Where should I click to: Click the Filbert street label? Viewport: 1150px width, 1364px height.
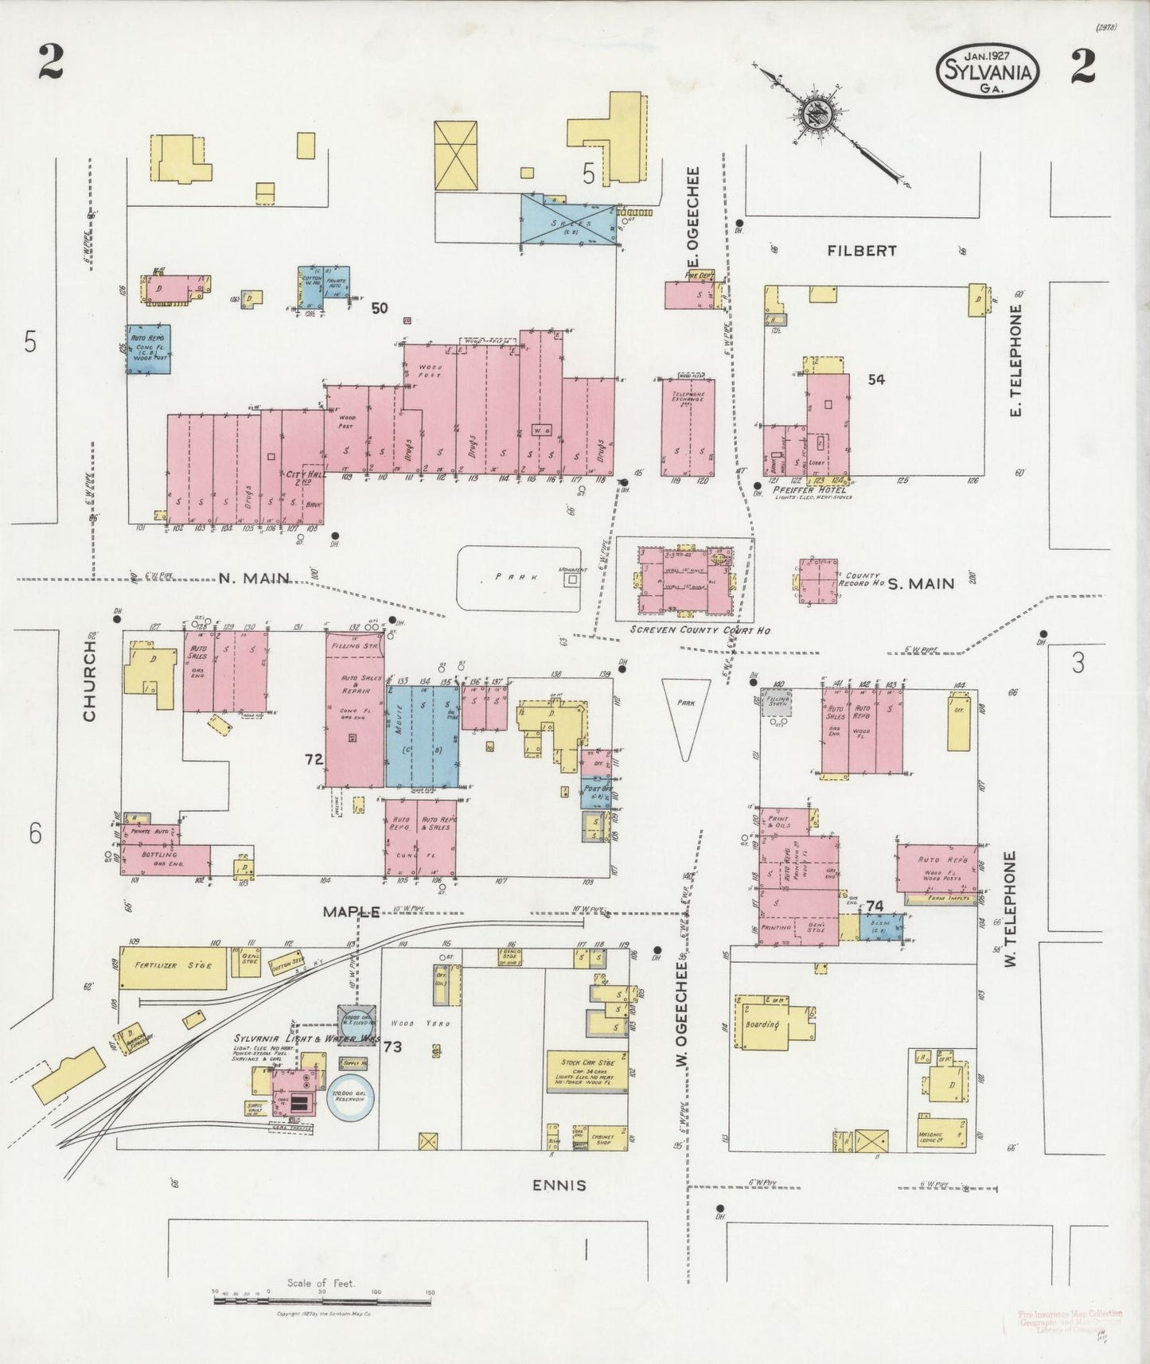tap(861, 251)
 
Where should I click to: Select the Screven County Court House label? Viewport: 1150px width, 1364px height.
tap(700, 629)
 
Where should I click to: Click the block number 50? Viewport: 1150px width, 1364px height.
tap(380, 308)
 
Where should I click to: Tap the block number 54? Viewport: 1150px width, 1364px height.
tap(875, 380)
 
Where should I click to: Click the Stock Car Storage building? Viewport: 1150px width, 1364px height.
tap(586, 1072)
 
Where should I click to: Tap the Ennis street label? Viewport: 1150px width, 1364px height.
tap(559, 1185)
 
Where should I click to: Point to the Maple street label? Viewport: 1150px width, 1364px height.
tap(350, 912)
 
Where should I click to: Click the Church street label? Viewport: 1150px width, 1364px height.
tap(89, 681)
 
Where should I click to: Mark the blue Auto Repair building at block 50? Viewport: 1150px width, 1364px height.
tap(149, 349)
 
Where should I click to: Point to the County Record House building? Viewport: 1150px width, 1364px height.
tap(819, 580)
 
